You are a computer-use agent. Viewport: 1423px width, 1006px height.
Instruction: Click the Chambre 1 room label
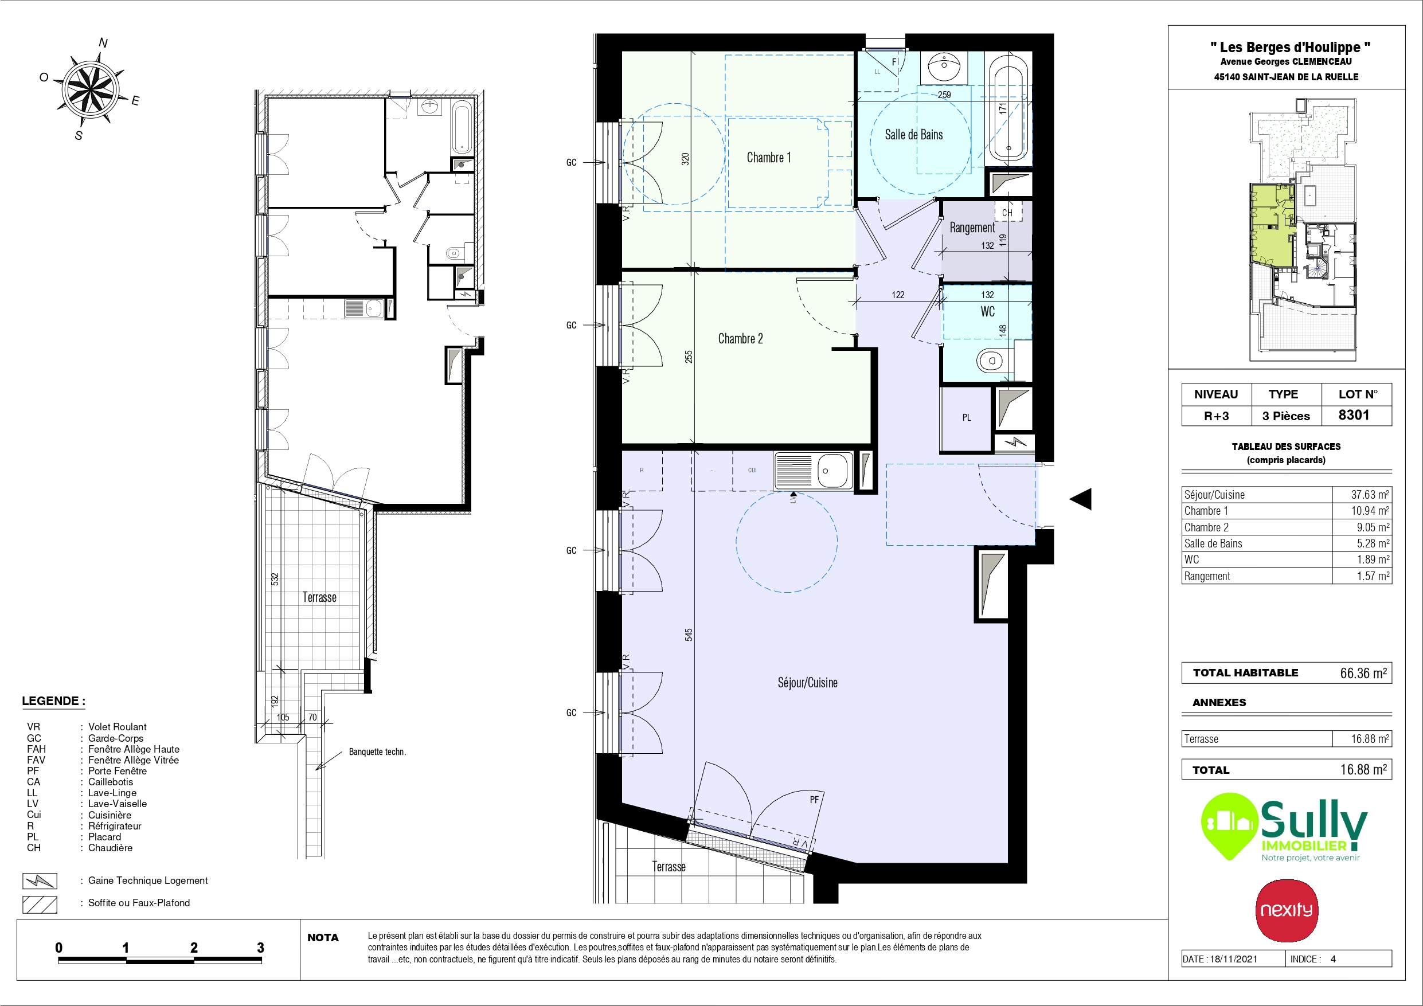tap(768, 158)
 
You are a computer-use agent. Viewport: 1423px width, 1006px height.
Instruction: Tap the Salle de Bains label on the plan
tap(913, 135)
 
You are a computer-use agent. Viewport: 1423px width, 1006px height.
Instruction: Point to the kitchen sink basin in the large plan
tap(832, 471)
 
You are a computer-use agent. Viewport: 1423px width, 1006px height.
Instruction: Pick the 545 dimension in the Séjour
tap(689, 634)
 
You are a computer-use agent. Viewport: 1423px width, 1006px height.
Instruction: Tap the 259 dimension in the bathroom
tap(944, 95)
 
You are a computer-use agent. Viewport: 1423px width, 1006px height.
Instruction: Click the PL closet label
tap(967, 418)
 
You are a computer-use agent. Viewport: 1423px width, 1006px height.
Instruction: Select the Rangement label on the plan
tap(972, 228)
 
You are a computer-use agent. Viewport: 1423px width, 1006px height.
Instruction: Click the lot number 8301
tap(1354, 414)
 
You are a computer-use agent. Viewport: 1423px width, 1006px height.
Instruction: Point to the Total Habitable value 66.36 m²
tap(1363, 672)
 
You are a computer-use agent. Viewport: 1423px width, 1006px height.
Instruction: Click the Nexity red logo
tap(1287, 910)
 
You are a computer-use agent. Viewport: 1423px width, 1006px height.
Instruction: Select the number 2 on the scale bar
tap(194, 947)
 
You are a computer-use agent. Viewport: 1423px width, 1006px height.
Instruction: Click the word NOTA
tap(323, 938)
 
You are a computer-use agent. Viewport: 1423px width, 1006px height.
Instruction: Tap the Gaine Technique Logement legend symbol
tap(40, 881)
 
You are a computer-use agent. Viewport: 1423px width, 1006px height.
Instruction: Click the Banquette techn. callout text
tap(377, 752)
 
